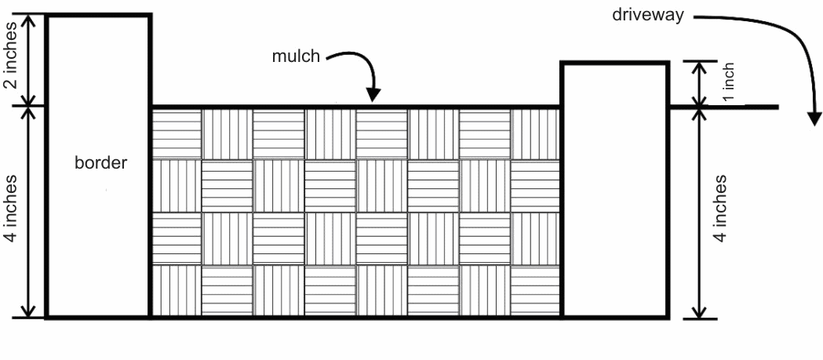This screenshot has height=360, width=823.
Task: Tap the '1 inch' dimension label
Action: pyautogui.click(x=728, y=84)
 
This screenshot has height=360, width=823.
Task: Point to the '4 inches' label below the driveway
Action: pyautogui.click(x=719, y=212)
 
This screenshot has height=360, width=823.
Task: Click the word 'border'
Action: pyautogui.click(x=100, y=163)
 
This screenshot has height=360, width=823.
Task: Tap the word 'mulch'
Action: pyautogui.click(x=296, y=57)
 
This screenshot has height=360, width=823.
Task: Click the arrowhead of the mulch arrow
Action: pyautogui.click(x=373, y=96)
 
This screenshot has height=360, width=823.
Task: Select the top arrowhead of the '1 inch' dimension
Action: pyautogui.click(x=700, y=67)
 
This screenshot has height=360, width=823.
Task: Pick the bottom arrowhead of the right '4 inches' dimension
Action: pyautogui.click(x=700, y=311)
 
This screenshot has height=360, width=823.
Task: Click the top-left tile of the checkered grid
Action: pyautogui.click(x=177, y=133)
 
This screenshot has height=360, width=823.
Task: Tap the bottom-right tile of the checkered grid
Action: pyautogui.click(x=537, y=291)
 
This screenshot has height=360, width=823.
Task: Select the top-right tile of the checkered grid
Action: pyautogui.click(x=537, y=133)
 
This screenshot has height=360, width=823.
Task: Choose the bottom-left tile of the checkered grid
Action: pyautogui.click(x=177, y=291)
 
